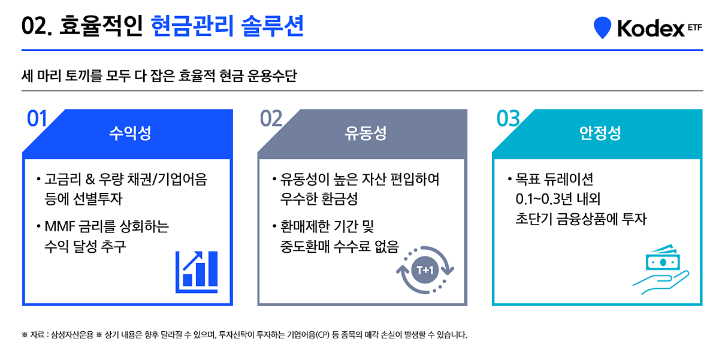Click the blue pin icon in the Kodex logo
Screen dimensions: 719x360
click(602, 28)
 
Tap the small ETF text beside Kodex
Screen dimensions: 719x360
click(695, 28)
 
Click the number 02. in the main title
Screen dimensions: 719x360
click(37, 26)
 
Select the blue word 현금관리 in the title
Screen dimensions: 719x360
click(192, 26)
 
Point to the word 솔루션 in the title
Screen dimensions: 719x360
click(272, 26)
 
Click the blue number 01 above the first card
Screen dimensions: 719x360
click(37, 119)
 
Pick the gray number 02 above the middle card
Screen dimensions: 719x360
click(271, 119)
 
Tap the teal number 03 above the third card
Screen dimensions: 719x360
click(508, 119)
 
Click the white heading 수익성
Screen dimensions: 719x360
click(130, 133)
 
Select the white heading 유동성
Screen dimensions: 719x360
click(365, 133)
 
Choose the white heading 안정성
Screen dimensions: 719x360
click(600, 133)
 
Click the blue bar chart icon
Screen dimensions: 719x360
click(197, 272)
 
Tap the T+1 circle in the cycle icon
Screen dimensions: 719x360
click(425, 270)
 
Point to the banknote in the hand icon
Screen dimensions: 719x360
click(663, 260)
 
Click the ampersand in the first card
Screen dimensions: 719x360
click(90, 179)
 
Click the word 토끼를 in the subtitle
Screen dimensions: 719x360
click(83, 76)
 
